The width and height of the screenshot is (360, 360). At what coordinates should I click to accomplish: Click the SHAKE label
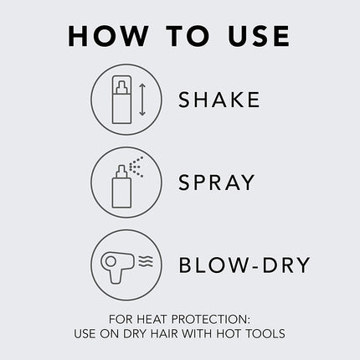click(219, 100)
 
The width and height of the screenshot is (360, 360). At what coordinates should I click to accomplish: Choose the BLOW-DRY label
click(244, 265)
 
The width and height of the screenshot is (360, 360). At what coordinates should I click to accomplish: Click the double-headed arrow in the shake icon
click(143, 100)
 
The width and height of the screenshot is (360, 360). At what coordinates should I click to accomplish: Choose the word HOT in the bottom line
click(228, 334)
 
